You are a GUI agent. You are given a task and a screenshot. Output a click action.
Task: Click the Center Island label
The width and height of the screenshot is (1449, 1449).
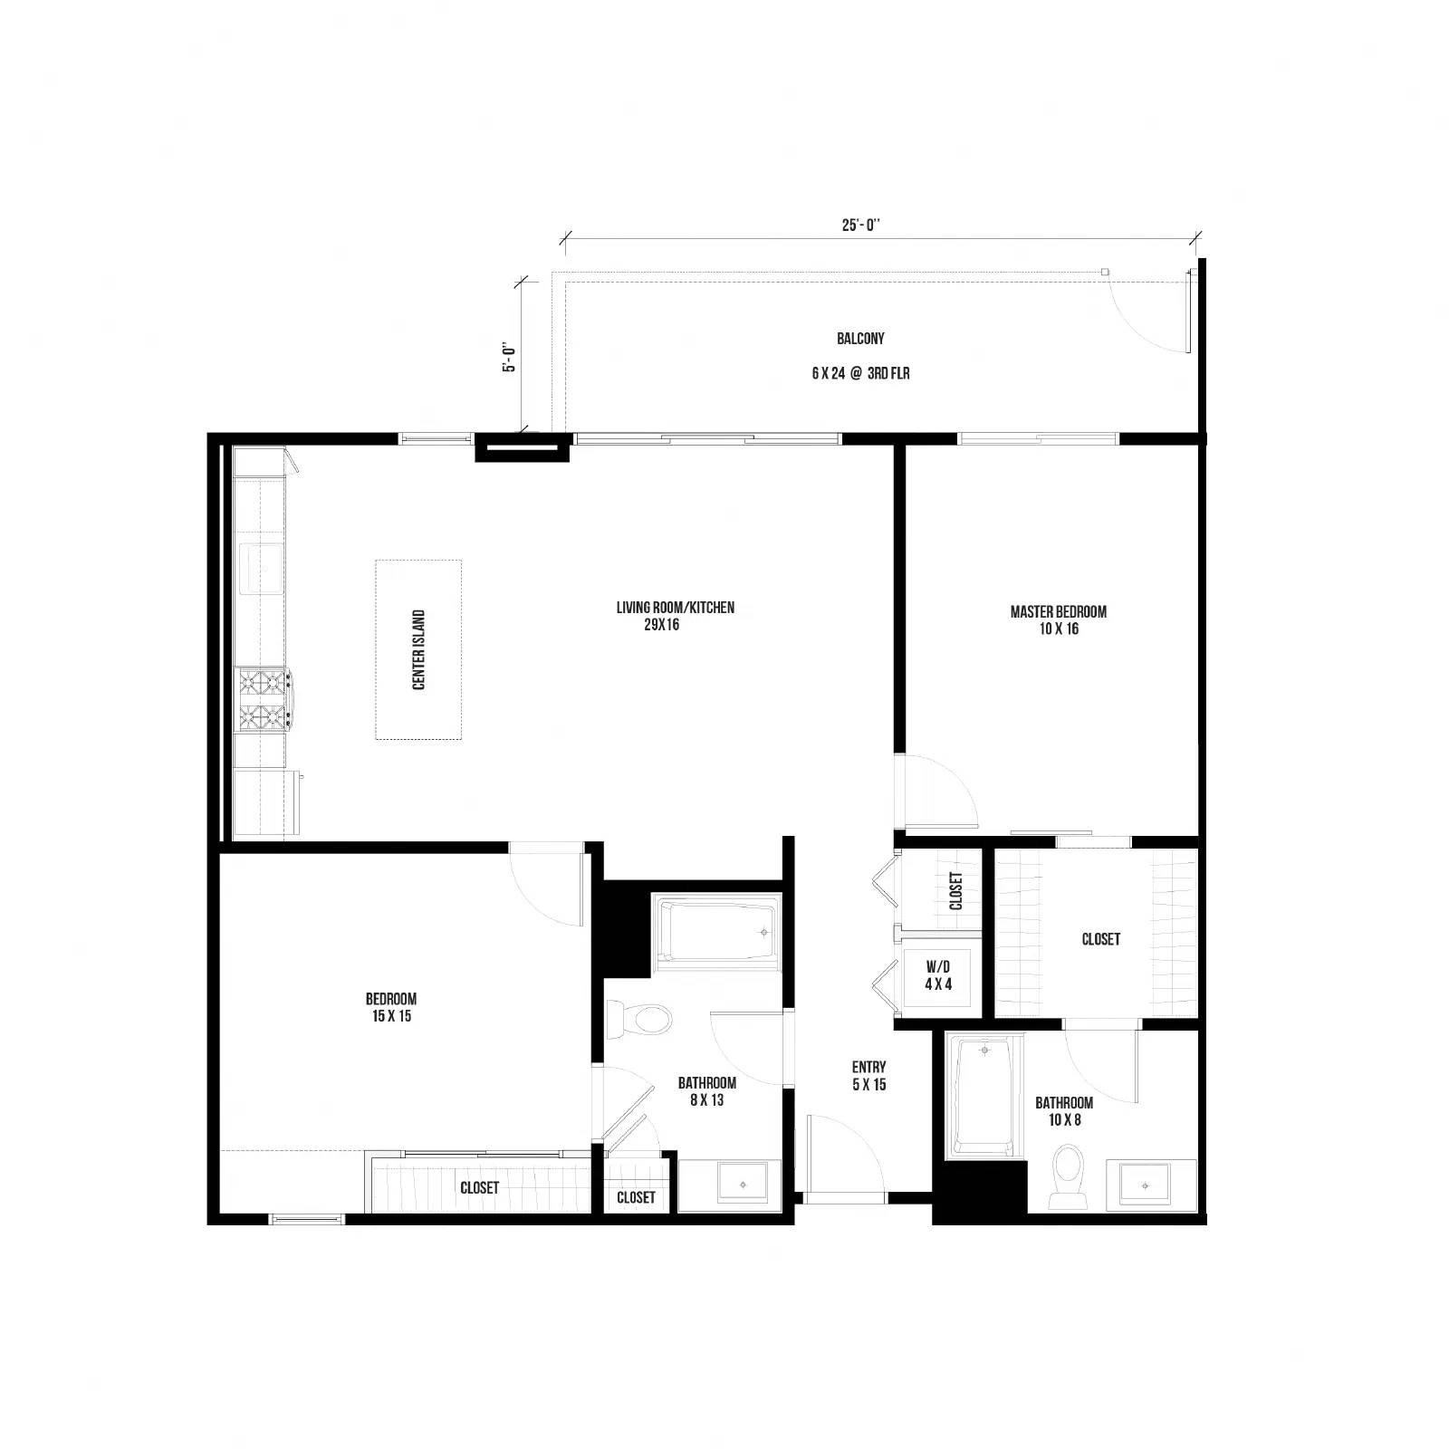click(418, 649)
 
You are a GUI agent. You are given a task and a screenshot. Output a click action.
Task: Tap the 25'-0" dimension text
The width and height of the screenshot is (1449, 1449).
click(861, 226)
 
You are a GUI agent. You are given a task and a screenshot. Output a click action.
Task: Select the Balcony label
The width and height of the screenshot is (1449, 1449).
click(860, 339)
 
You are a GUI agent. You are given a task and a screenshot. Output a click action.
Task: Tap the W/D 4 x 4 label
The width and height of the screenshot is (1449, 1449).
click(938, 976)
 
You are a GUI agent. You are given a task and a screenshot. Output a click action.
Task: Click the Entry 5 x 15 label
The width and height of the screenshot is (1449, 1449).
click(868, 1076)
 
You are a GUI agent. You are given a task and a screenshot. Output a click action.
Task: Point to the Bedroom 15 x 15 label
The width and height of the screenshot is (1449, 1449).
click(391, 1007)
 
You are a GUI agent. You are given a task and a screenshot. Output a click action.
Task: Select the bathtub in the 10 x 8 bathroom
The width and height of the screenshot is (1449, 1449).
click(984, 1097)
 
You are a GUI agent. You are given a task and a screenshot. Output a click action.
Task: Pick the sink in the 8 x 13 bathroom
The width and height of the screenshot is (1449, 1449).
click(743, 1185)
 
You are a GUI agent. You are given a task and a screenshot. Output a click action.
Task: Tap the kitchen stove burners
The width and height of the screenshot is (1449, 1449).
click(263, 698)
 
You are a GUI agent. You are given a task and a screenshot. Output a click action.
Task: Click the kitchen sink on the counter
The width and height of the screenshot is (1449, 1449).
click(261, 568)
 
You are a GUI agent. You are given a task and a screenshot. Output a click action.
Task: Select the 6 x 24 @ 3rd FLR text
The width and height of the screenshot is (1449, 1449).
click(860, 373)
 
